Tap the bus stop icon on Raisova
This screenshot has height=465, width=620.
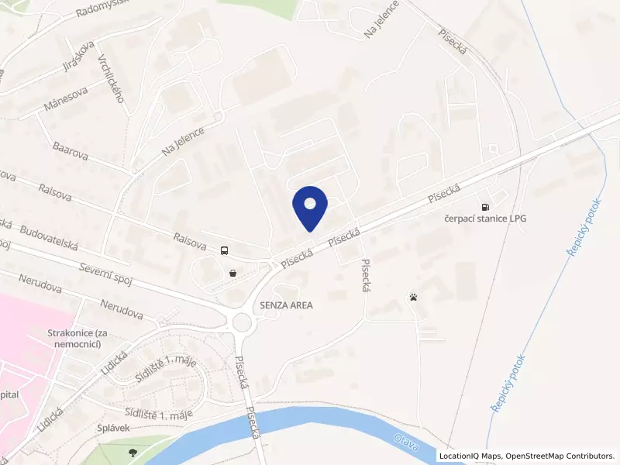point(224,250)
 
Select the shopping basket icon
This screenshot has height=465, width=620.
point(232,272)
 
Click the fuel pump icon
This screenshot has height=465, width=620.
point(486,207)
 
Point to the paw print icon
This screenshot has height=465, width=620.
point(413,297)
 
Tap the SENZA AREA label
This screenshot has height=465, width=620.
point(287,305)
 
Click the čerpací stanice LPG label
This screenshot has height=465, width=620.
point(485,219)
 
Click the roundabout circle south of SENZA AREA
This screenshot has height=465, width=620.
point(243,322)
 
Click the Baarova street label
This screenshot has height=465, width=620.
point(71,150)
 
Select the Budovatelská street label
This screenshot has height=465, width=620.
point(50,236)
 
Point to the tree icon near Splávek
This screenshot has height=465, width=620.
point(134,451)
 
